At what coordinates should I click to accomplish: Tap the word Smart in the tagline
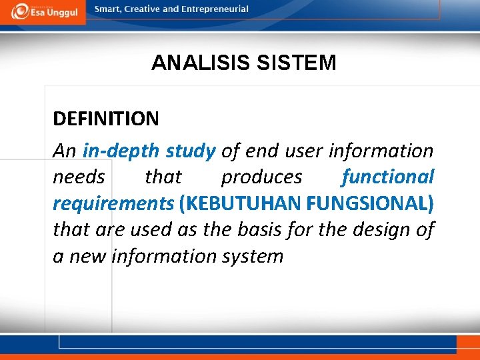point(108,9)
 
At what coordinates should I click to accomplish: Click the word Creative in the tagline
point(146,9)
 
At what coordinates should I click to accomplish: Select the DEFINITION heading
point(106,119)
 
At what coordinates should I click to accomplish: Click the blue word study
point(190,151)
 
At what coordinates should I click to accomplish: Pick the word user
point(303,151)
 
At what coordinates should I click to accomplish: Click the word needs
point(79,177)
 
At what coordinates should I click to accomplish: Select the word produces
point(261,177)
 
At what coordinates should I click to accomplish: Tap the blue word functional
point(388,177)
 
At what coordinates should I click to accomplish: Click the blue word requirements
point(113,203)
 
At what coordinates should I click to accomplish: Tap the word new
point(87,256)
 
